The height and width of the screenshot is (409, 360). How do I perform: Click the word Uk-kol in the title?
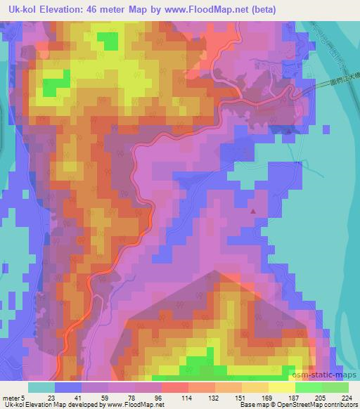(20, 10)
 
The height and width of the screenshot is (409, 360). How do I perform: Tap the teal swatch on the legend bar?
(41, 387)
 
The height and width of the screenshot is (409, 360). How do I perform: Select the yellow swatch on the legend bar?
(282, 387)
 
